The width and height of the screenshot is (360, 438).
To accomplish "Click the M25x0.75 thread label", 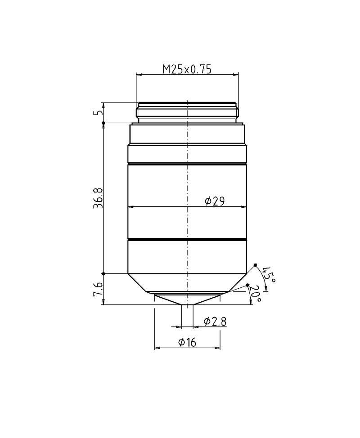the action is coord(187,69).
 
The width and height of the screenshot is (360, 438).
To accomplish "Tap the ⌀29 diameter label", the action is coord(215,201).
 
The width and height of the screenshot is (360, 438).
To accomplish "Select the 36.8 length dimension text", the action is coord(99,198).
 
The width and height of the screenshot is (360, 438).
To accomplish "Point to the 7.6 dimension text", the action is coord(99,290).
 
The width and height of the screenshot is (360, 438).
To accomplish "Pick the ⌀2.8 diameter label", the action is coord(215,322).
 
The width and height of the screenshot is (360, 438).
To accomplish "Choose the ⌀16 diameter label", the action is coord(187,342).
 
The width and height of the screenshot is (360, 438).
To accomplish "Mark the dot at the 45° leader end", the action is coord(255,265).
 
